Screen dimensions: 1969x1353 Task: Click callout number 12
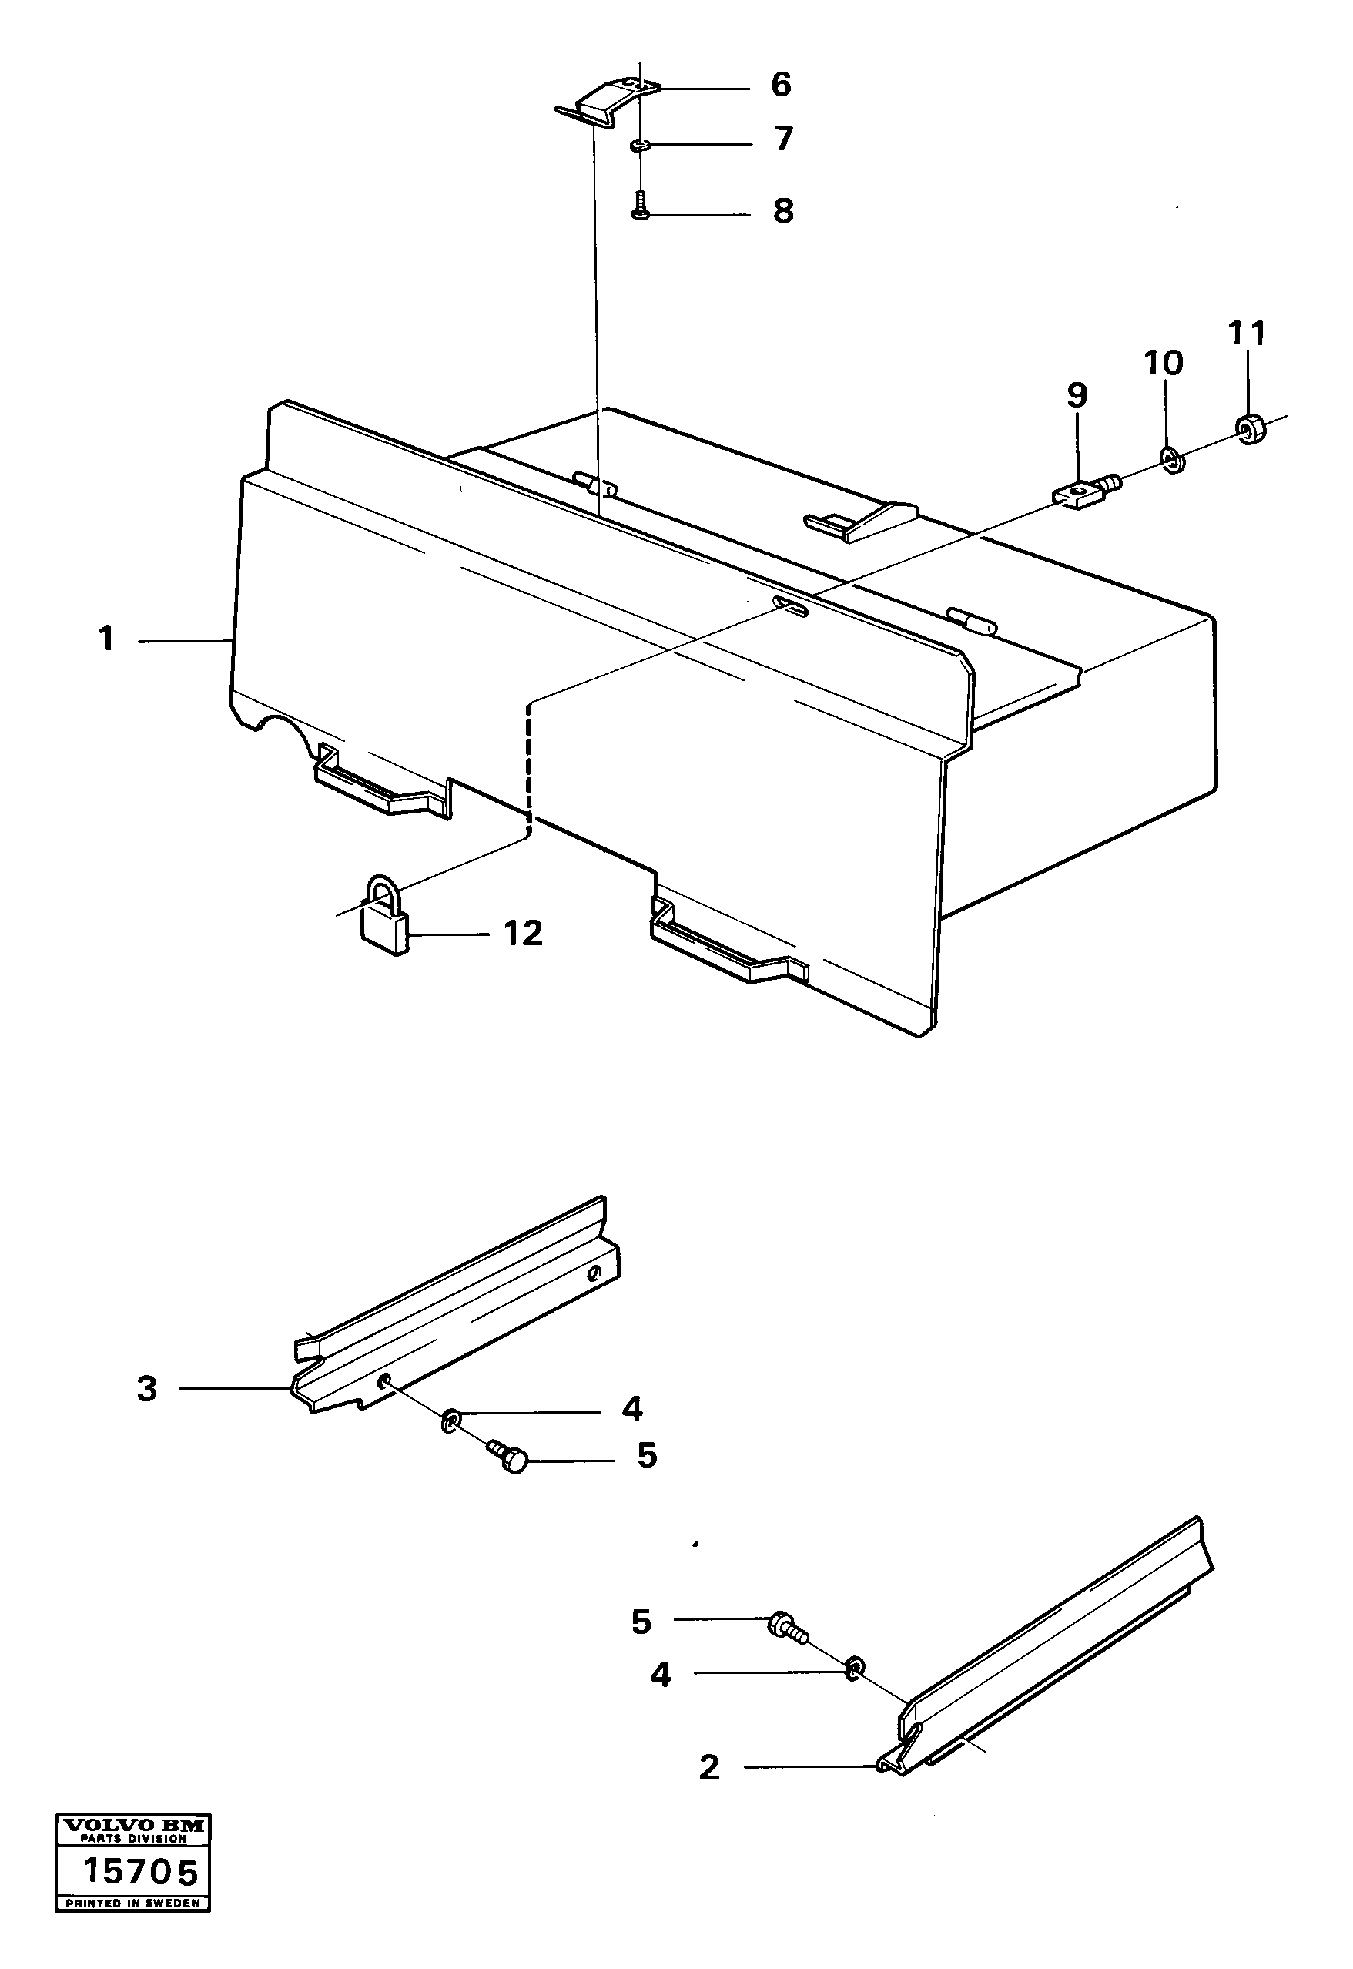(x=523, y=934)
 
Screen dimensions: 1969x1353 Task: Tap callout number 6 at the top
(x=781, y=85)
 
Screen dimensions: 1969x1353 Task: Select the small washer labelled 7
(x=640, y=146)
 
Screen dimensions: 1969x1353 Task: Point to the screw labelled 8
(x=641, y=206)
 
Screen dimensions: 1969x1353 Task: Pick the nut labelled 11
(x=1251, y=429)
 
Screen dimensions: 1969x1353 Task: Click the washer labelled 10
(x=1174, y=461)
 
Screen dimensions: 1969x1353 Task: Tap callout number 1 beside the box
(x=106, y=639)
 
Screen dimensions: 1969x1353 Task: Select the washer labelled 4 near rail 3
(x=450, y=1417)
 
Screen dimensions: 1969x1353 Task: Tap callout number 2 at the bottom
(x=708, y=1767)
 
